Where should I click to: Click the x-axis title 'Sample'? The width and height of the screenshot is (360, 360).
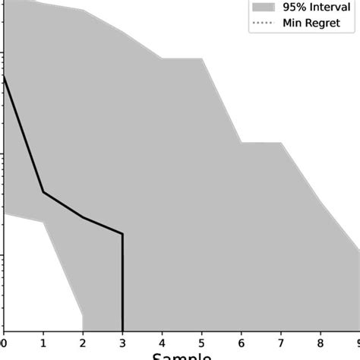(x=182, y=355)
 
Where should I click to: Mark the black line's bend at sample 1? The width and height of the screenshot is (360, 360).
(x=43, y=191)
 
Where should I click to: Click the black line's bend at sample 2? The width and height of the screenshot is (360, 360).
(x=83, y=218)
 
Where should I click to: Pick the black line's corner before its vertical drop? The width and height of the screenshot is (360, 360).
(x=122, y=234)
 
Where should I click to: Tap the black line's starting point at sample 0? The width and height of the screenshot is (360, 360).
(x=4, y=77)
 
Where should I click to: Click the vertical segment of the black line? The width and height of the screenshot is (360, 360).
(x=122, y=281)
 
